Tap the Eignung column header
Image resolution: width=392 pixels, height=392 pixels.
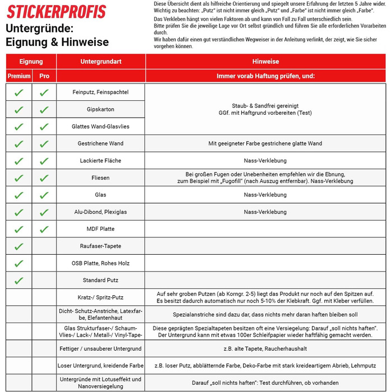pos(31,62)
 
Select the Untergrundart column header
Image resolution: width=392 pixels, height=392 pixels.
pos(101,62)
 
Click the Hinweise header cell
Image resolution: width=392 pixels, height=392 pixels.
pos(265,62)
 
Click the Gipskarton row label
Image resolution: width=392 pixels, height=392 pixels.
pos(101,110)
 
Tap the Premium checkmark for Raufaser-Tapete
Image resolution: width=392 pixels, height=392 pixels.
pos(19,246)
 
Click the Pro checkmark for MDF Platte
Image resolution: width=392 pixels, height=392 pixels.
pos(44,229)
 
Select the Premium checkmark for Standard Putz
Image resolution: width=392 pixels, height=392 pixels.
pos(19,281)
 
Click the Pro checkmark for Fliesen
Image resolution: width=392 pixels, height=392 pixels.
pos(44,178)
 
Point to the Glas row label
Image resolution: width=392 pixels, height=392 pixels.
pos(101,195)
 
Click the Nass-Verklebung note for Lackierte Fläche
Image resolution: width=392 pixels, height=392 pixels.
pos(265,161)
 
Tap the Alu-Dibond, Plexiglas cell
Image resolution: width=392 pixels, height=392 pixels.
pos(101,212)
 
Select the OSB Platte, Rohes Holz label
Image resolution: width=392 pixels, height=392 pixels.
pos(101,263)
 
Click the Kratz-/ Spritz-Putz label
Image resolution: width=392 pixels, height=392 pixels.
pos(101,297)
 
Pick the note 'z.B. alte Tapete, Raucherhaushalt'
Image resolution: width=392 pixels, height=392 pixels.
pos(265,348)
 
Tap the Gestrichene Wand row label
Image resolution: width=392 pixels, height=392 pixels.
pos(101,144)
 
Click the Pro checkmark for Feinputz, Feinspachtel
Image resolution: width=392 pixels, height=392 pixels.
pos(44,93)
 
